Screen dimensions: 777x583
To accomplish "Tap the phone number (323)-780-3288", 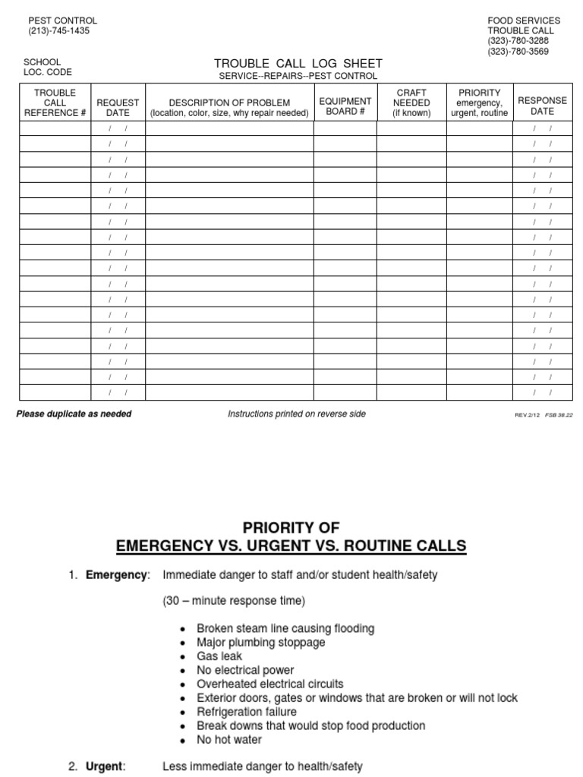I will pyautogui.click(x=519, y=41).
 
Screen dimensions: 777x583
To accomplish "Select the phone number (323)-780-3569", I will pyautogui.click(x=519, y=52).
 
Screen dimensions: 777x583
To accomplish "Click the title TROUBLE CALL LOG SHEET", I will pyautogui.click(x=298, y=64).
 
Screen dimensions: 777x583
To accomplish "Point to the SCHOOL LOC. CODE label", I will pyautogui.click(x=48, y=68).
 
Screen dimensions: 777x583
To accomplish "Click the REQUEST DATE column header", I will pyautogui.click(x=118, y=107).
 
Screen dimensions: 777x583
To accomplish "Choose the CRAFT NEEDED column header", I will pyautogui.click(x=411, y=102).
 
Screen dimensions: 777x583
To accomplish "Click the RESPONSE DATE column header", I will pyautogui.click(x=542, y=105).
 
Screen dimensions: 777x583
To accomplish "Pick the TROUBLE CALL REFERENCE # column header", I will pyautogui.click(x=55, y=103).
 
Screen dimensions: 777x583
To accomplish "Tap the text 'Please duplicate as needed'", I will pyautogui.click(x=74, y=414).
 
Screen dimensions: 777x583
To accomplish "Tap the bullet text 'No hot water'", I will pyautogui.click(x=229, y=740).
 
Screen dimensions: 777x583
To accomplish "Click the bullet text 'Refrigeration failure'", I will pyautogui.click(x=247, y=712).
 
